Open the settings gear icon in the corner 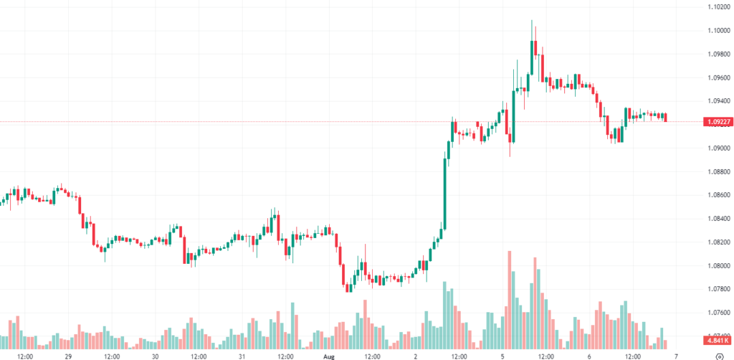coord(719,354)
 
